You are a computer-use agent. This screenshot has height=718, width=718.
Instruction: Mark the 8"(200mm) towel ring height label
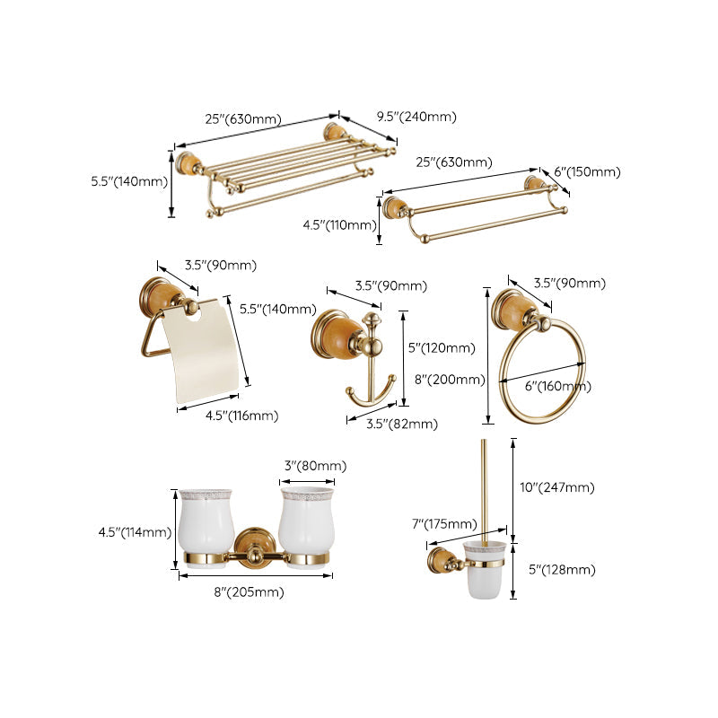448,379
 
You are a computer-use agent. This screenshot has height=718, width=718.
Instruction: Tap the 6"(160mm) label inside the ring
558,386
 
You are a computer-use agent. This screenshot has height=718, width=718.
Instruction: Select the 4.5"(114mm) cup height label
135,532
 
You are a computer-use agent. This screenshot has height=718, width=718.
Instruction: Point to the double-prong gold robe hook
369,377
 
